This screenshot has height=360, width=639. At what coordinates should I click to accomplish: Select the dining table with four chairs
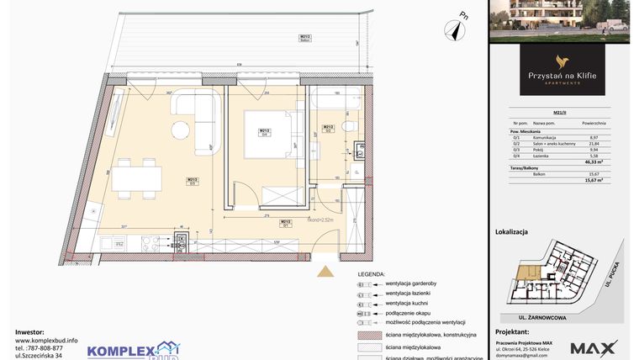139,177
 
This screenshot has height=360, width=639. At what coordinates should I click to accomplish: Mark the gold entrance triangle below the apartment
323,270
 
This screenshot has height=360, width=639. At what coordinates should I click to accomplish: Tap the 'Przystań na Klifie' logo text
562,75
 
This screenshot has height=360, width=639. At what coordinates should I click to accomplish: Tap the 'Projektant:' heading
512,332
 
